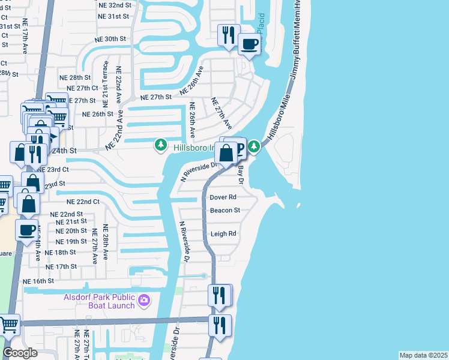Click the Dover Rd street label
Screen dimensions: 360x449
click(x=223, y=197)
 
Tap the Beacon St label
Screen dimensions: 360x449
click(x=224, y=211)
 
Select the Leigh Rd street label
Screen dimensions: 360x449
click(x=223, y=234)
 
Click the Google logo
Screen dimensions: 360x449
click(x=20, y=353)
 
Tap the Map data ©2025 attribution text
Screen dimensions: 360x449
click(x=423, y=355)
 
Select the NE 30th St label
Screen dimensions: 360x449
click(x=111, y=39)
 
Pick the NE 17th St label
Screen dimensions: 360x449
click(x=62, y=266)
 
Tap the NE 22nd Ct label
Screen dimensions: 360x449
click(x=82, y=202)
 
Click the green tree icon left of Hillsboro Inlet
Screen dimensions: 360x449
click(x=161, y=145)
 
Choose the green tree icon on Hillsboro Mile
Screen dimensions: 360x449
click(x=255, y=146)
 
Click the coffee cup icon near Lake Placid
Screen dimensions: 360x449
click(x=249, y=43)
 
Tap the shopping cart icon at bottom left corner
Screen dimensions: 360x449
click(x=8, y=325)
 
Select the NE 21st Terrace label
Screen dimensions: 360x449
click(x=106, y=80)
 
